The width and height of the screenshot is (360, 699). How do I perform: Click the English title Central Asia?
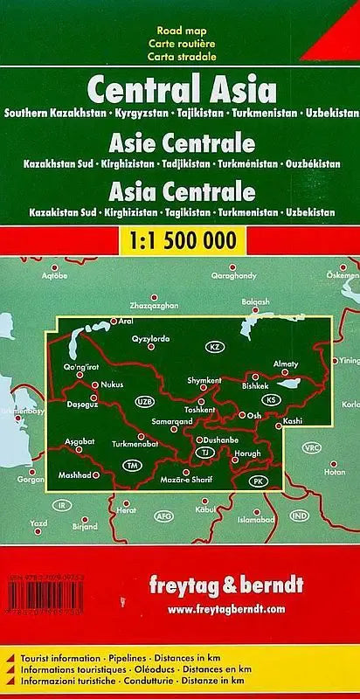(x=180, y=89)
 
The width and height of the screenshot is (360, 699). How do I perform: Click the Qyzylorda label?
(x=149, y=337)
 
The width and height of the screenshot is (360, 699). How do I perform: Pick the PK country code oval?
(x=257, y=481)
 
